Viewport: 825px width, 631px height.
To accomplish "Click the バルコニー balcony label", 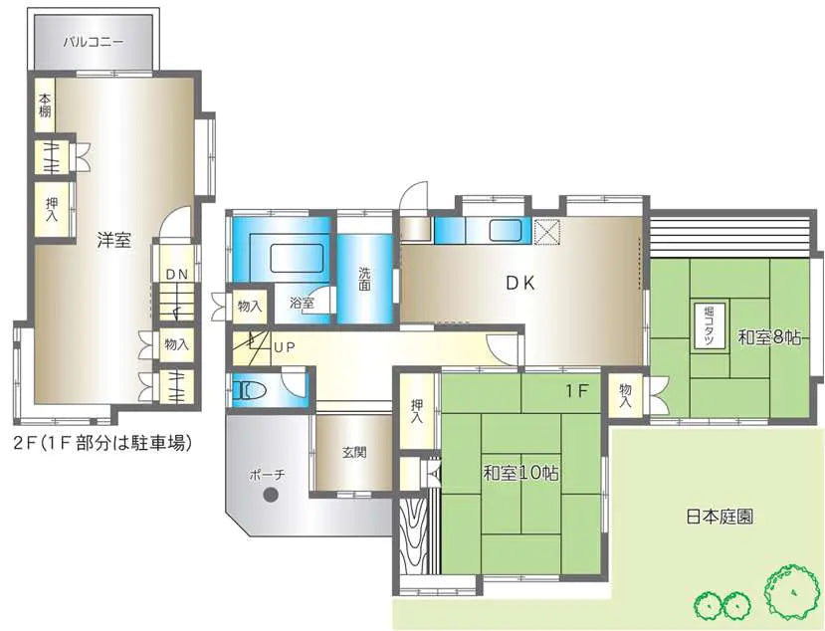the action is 95,42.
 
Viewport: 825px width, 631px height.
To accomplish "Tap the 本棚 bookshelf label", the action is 44,105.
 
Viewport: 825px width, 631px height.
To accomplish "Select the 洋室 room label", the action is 113,241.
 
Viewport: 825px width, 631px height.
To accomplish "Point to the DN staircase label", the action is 177,274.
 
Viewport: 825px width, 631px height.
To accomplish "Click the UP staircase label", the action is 285,347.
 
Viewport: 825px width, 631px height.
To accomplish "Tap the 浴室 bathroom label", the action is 303,304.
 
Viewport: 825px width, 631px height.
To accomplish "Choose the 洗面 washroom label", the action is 364,279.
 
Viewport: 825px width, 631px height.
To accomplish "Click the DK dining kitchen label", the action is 520,284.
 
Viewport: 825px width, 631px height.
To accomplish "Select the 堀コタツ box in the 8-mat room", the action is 711,325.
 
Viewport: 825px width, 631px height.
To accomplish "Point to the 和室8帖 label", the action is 768,337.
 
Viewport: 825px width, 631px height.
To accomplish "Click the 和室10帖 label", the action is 520,473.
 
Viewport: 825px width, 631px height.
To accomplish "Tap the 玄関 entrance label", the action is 354,452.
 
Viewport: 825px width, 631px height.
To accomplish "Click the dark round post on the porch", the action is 271,495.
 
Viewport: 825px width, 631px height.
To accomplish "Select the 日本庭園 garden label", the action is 720,517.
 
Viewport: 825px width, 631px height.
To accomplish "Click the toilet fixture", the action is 251,390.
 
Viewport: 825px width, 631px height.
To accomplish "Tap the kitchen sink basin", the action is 506,230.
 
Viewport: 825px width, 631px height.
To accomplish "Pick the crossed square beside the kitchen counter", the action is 546,232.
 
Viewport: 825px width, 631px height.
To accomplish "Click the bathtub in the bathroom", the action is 297,258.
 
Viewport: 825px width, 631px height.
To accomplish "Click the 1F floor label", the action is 576,391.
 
